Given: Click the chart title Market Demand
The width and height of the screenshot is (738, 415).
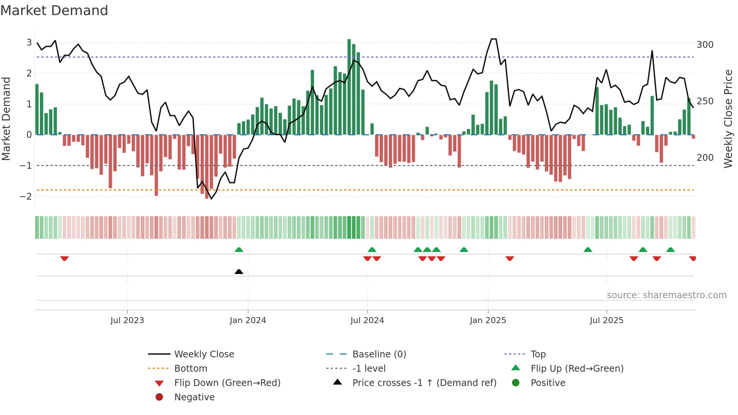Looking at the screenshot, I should (54, 11).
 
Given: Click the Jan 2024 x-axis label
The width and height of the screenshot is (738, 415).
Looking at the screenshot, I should (248, 320).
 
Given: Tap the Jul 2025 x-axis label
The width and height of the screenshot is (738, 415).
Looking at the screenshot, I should (606, 320).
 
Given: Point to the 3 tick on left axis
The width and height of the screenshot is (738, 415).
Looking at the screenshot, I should (29, 42).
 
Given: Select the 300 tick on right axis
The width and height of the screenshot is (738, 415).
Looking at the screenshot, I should (705, 45).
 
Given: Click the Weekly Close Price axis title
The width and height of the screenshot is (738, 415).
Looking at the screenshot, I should (728, 119).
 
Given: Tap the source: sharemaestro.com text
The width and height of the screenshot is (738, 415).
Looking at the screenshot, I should (666, 295).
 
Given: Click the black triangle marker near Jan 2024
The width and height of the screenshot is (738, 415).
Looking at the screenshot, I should (239, 272).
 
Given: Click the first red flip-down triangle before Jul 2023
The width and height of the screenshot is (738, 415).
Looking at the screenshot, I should (64, 258).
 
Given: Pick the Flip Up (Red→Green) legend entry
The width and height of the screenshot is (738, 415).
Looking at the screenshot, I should (577, 368).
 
